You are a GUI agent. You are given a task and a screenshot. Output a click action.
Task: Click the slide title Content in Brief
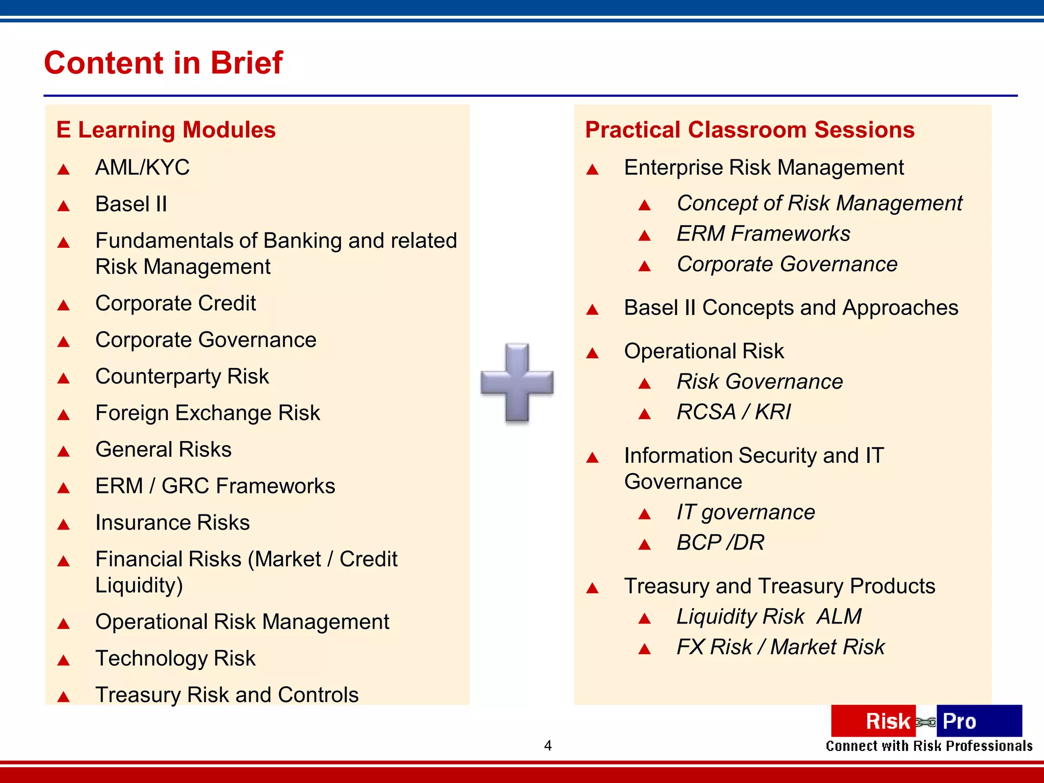[163, 63]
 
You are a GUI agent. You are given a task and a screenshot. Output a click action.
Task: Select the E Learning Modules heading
[166, 130]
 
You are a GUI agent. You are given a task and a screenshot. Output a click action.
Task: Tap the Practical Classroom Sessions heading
[749, 130]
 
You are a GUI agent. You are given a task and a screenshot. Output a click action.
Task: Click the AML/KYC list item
[142, 168]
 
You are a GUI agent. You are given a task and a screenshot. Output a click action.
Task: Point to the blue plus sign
[517, 382]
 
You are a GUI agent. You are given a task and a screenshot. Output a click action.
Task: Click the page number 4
[547, 746]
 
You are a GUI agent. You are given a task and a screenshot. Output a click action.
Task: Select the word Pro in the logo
[959, 721]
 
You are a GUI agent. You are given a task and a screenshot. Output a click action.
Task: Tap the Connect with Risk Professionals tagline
[929, 746]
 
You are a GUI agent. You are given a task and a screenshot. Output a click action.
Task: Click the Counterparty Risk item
[182, 377]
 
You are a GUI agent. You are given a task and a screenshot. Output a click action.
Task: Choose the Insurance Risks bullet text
[172, 523]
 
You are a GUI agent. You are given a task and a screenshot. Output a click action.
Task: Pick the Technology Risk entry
[175, 659]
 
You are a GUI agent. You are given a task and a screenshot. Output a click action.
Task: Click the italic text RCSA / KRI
[734, 412]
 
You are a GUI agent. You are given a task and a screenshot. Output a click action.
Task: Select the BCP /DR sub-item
[720, 543]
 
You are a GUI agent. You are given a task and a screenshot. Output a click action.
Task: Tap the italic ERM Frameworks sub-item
[763, 234]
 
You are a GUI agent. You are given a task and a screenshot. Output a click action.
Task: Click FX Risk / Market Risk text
[780, 647]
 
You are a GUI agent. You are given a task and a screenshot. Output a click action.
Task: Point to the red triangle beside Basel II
[64, 206]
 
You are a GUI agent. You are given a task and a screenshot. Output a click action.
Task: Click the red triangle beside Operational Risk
[592, 353]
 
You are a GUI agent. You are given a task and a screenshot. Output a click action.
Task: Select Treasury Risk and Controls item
[227, 695]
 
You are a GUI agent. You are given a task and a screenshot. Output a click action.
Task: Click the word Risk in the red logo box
[888, 721]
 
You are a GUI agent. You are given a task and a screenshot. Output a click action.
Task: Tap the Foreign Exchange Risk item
[207, 413]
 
